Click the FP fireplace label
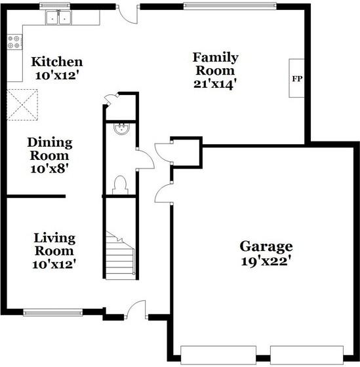(x=297, y=79)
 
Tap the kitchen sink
(x=58, y=17)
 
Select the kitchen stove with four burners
(x=14, y=42)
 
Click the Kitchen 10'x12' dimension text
(x=56, y=75)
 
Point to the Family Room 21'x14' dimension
(x=214, y=84)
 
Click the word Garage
(x=266, y=247)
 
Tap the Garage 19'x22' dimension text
(x=267, y=261)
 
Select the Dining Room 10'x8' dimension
(x=49, y=168)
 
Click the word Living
(x=54, y=239)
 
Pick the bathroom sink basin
(x=121, y=129)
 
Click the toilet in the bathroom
(x=120, y=185)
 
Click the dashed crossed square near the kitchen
(x=22, y=105)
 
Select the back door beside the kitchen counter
(x=127, y=14)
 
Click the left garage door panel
(x=218, y=355)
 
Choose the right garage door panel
(x=307, y=355)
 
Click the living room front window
(x=53, y=313)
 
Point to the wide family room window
(x=230, y=6)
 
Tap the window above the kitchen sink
(x=55, y=6)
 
